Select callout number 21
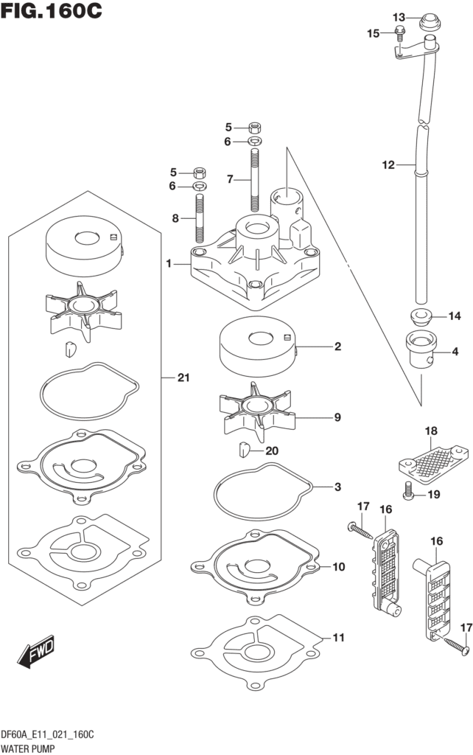(x=183, y=378)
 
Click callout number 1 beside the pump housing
(x=169, y=264)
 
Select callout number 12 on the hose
(x=388, y=165)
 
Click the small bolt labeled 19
(x=410, y=494)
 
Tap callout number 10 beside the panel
(x=338, y=567)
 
